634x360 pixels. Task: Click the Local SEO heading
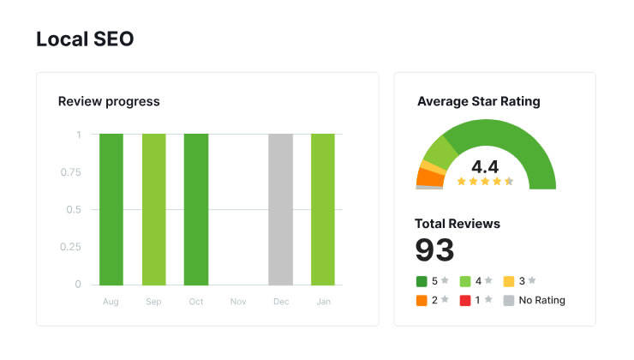click(85, 39)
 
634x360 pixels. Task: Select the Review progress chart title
click(109, 101)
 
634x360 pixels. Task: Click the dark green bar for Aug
click(111, 209)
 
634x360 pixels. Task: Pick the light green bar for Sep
click(154, 209)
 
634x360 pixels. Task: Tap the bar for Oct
click(196, 209)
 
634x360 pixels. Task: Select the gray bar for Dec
click(280, 209)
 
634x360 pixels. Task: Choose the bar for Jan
click(323, 209)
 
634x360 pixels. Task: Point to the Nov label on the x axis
click(238, 302)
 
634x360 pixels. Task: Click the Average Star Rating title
click(479, 101)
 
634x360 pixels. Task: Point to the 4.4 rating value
click(485, 165)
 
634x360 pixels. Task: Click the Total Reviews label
click(458, 224)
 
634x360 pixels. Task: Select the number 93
click(434, 249)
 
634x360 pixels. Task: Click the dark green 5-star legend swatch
click(422, 280)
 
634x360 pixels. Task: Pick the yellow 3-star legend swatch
click(509, 280)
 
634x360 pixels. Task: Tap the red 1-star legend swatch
click(465, 300)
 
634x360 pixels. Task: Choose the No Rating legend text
click(542, 300)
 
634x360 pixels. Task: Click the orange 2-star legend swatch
click(422, 300)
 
